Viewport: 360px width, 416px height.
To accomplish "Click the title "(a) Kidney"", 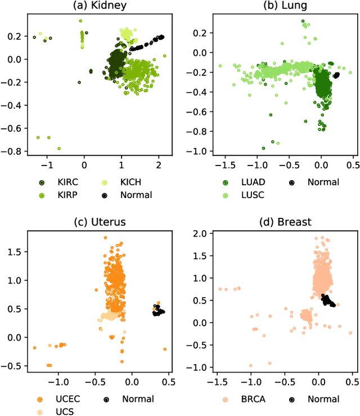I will [x=98, y=6].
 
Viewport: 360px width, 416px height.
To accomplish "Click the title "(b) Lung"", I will [x=282, y=6].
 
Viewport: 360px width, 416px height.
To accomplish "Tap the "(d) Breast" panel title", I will [x=282, y=221].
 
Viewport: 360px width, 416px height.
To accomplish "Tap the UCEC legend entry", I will [x=67, y=399].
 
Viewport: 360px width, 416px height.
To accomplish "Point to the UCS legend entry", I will [x=65, y=411].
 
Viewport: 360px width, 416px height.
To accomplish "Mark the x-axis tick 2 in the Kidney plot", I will [x=158, y=167].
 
